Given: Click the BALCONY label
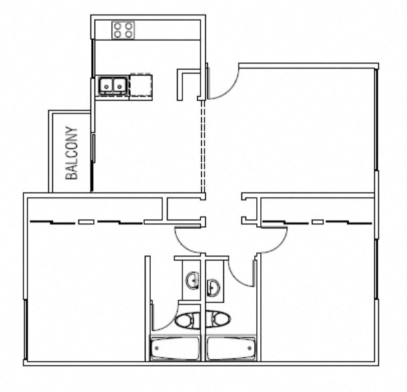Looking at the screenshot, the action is tap(72, 153).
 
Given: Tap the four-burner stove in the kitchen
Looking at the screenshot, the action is tap(123, 30).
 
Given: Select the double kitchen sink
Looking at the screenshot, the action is tap(113, 85).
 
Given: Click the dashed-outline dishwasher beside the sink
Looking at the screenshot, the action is tap(141, 86).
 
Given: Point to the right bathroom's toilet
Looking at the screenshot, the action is tap(218, 319).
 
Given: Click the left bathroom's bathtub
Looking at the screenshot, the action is tap(175, 348).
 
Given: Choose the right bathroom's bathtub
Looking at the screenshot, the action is tap(231, 348).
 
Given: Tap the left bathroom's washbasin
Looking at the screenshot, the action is tap(192, 280).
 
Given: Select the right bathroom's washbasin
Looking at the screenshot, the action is tap(213, 287).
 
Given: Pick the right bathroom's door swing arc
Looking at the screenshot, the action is tap(235, 279).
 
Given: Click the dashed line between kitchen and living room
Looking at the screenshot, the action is tap(203, 147).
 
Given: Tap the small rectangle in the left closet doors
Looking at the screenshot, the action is tap(86, 222).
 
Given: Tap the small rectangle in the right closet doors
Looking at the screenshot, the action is tap(318, 222).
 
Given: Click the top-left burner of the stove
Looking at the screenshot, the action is tap(117, 26).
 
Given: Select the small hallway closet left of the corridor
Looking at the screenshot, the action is tap(184, 209).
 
